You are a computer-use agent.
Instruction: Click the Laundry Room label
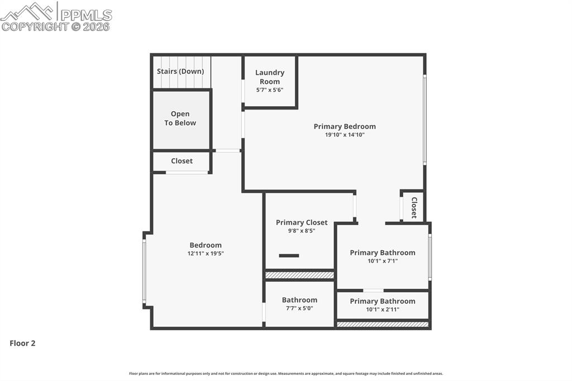[270, 77]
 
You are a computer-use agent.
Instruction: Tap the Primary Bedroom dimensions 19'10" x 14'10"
[345, 135]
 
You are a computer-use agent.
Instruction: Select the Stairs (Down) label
[180, 72]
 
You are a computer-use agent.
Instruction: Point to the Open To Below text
[180, 118]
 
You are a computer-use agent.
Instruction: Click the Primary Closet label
[302, 222]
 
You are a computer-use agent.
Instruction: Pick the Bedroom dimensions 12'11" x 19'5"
[206, 254]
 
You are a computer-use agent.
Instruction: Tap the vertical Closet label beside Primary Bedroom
[414, 207]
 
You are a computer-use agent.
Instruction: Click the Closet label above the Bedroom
[182, 161]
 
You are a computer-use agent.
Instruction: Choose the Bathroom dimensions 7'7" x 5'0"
[299, 308]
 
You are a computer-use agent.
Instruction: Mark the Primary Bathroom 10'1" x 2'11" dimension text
[383, 309]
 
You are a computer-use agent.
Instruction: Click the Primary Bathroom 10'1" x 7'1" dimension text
[383, 261]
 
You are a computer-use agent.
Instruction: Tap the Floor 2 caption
[22, 344]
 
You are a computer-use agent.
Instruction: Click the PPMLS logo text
[86, 15]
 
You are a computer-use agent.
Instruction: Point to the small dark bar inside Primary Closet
[289, 256]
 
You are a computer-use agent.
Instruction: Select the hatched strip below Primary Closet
[299, 275]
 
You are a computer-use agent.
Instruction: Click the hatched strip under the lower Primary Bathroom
[383, 324]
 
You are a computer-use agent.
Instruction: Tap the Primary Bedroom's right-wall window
[425, 120]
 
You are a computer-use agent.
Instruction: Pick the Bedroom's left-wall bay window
[144, 271]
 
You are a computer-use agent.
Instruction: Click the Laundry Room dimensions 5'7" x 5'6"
[270, 90]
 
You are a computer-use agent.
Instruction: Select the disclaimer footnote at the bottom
[286, 374]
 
